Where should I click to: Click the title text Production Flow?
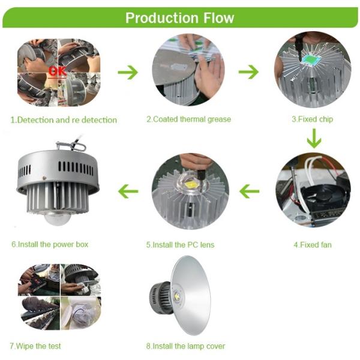[179, 17]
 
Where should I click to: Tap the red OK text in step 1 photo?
[58, 71]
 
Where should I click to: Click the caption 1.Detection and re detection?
[64, 119]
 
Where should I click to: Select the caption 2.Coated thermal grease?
[188, 119]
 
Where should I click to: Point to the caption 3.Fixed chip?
[312, 119]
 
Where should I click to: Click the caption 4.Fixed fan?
[312, 245]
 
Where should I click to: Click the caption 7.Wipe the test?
[35, 346]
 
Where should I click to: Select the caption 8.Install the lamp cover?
[186, 346]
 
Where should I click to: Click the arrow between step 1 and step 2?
[127, 72]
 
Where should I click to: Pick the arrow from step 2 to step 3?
[248, 72]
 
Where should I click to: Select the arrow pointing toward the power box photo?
[128, 191]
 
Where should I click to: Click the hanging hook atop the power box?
[71, 145]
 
